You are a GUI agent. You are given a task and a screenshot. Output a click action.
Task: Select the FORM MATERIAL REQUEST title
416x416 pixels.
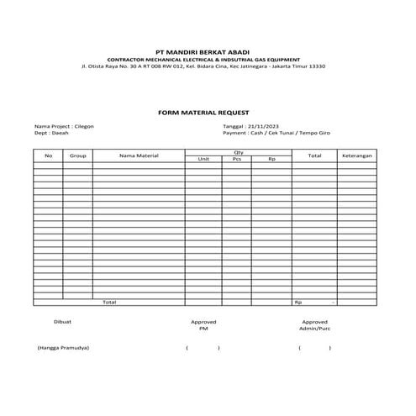[x=203, y=112]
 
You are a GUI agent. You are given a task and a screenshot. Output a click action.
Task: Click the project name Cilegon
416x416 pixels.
[x=84, y=126]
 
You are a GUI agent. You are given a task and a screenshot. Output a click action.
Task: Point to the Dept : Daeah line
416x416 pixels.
[x=51, y=133]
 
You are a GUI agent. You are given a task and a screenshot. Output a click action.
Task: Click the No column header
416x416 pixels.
[x=48, y=155]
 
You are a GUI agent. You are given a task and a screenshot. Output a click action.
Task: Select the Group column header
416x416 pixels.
[x=77, y=155]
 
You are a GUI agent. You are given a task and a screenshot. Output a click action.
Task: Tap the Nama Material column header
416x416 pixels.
[x=139, y=155]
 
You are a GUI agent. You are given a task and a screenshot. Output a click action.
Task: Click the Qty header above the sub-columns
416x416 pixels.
[x=238, y=152]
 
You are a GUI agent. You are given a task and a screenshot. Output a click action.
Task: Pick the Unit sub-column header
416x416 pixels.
[x=203, y=159]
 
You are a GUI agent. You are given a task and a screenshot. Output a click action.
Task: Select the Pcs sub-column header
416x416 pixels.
[x=237, y=159]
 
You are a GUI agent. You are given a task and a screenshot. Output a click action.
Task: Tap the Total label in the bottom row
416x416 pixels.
[x=109, y=302]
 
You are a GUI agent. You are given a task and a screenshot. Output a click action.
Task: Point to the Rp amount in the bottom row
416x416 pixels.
[x=315, y=302]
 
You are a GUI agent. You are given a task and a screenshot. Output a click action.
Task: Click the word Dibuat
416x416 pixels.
[x=63, y=321]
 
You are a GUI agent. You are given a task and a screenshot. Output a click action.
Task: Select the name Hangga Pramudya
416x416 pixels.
[x=63, y=348]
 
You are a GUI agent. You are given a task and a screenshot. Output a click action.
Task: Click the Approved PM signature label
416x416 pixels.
[x=203, y=324]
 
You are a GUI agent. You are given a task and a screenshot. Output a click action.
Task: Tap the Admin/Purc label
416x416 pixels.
[x=315, y=329]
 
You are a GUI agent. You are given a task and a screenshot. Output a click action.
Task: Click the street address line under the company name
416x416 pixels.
[x=203, y=66]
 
